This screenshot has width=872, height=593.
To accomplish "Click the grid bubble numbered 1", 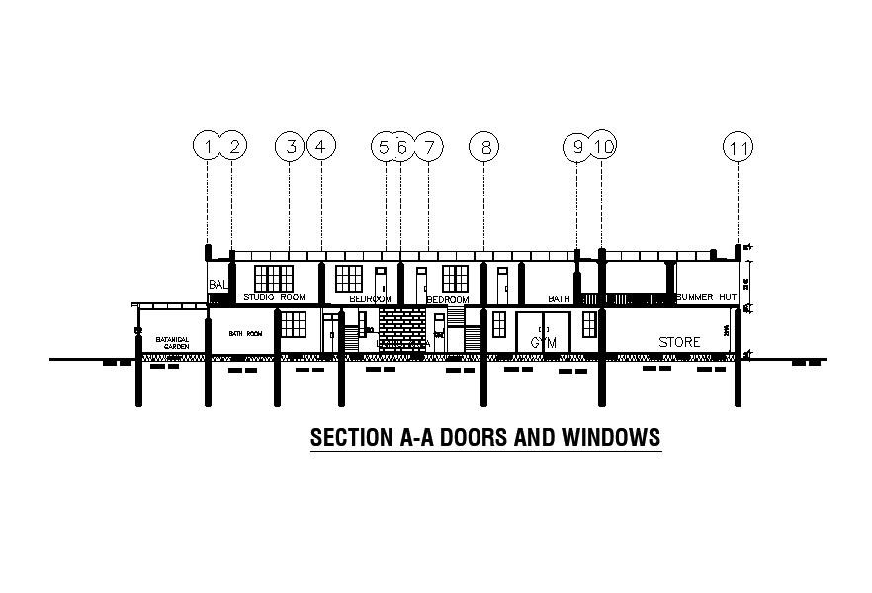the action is [x=207, y=147].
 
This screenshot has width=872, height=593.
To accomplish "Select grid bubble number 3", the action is [x=290, y=147].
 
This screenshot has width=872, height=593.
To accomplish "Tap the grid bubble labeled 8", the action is [x=484, y=147].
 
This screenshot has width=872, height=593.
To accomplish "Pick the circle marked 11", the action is [x=738, y=148].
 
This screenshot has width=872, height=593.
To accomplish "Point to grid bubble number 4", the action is [x=320, y=147].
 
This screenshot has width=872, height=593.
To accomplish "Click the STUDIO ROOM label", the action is [x=275, y=296].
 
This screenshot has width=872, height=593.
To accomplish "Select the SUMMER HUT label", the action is [x=707, y=296].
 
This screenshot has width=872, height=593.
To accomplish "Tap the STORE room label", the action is [x=679, y=342].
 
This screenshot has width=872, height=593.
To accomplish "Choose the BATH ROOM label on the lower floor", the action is [x=246, y=334].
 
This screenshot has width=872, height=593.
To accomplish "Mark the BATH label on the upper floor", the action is [x=560, y=298].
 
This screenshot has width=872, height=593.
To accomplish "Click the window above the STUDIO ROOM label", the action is [x=274, y=279].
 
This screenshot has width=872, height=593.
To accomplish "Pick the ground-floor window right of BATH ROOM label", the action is [x=293, y=324].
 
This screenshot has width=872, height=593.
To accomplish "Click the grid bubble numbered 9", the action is [x=577, y=147].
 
